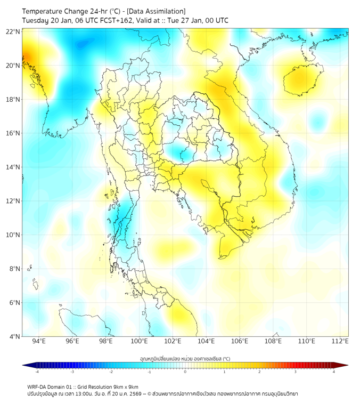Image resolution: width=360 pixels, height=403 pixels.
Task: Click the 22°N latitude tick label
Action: [13, 31]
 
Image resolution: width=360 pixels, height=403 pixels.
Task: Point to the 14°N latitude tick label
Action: [13, 167]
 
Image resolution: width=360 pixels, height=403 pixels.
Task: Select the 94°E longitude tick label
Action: [39, 341]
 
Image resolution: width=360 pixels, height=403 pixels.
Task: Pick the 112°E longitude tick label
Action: [340, 341]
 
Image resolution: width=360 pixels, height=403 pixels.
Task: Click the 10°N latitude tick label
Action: [13, 235]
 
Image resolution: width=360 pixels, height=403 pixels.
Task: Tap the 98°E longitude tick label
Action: [105, 341]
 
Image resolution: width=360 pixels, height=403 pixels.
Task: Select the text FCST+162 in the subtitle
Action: [113, 20]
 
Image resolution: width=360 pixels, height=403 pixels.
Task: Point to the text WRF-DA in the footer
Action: [37, 386]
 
